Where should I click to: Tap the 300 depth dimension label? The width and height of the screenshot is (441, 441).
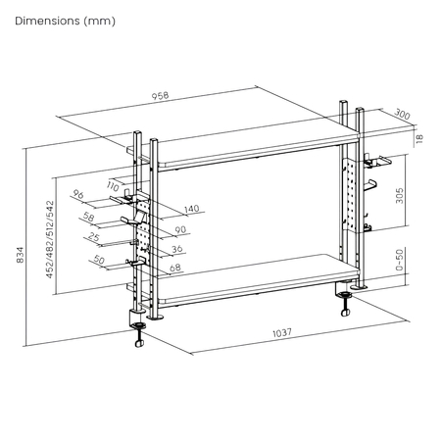(x=403, y=114)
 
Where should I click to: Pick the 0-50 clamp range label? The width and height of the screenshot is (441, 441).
(x=400, y=261)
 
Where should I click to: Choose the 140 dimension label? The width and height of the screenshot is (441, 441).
(x=190, y=208)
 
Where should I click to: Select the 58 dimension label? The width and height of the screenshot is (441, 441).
(x=90, y=217)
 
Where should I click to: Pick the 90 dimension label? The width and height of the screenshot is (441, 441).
(x=180, y=229)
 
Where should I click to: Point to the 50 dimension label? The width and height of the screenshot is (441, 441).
(x=99, y=260)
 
